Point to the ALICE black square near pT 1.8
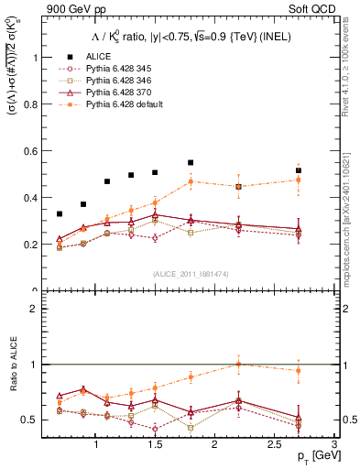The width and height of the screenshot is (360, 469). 191,162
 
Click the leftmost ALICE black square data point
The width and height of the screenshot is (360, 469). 60,213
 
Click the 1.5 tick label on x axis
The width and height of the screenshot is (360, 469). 155,445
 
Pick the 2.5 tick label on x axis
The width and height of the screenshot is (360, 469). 274,445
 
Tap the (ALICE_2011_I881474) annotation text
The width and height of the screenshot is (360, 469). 191,274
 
